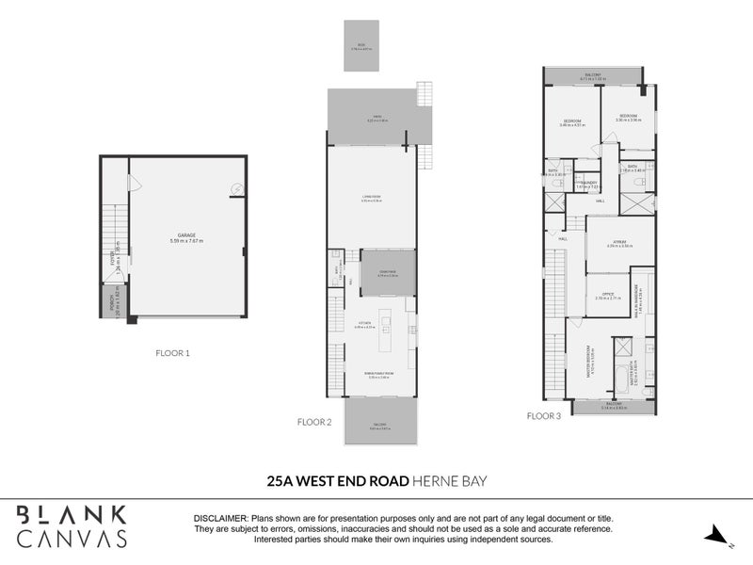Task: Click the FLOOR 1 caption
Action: [173, 353]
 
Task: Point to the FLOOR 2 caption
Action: [315, 423]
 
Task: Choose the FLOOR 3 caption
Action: [543, 414]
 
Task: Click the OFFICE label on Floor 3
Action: [607, 295]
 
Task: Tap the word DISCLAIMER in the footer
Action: [219, 519]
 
